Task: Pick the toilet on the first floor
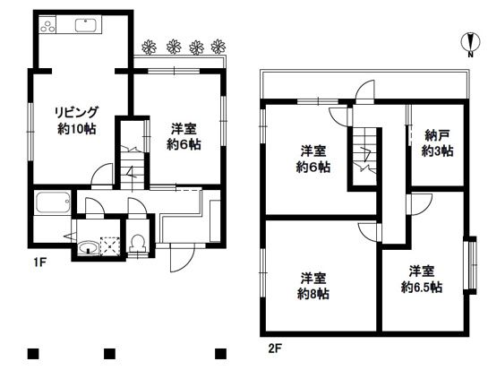coord(137,242)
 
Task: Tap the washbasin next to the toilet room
coord(89,247)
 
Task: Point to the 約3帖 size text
coord(436,151)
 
